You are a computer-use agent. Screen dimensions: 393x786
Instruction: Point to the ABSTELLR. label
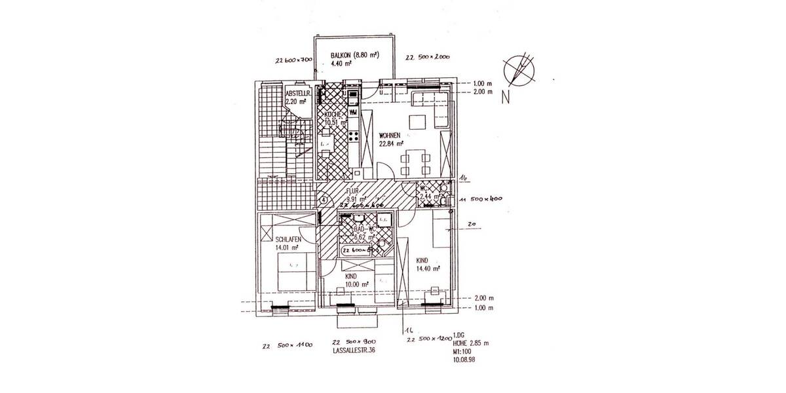295,93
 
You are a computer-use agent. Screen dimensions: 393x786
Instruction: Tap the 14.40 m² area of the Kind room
427,268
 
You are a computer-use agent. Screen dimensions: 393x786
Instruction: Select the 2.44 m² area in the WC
428,196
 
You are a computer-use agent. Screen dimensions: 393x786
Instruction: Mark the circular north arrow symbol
519,71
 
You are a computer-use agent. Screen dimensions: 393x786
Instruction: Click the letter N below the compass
505,100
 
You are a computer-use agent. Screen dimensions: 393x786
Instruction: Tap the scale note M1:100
462,350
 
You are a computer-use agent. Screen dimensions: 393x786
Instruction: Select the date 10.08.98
464,358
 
